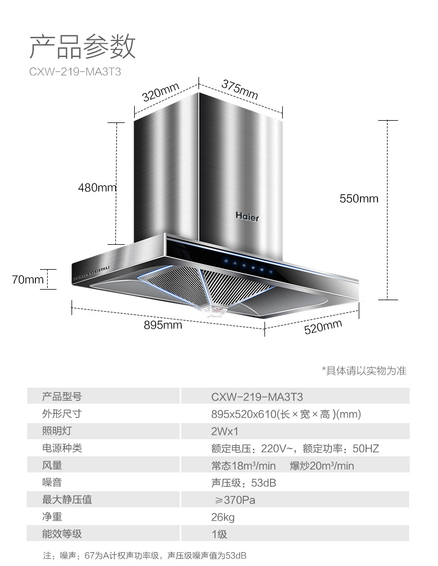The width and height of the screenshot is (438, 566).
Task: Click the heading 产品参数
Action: [83, 47]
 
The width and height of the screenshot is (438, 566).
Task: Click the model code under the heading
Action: [75, 72]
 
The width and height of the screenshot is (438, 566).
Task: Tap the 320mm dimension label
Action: [160, 93]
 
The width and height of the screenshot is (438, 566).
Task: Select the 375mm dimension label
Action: [240, 90]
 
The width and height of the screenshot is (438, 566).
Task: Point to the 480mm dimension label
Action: [97, 188]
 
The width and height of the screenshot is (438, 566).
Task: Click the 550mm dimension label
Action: [359, 198]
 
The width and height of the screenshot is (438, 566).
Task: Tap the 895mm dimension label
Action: [163, 325]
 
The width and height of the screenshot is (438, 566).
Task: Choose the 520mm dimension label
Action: [323, 327]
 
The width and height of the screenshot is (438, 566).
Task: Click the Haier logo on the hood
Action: [247, 217]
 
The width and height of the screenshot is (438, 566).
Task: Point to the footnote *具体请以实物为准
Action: [364, 371]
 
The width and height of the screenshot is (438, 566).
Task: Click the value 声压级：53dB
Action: [243, 483]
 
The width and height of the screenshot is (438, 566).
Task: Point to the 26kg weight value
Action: [223, 517]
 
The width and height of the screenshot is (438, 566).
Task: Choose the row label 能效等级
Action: [62, 534]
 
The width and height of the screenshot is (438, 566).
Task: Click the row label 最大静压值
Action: [67, 500]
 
